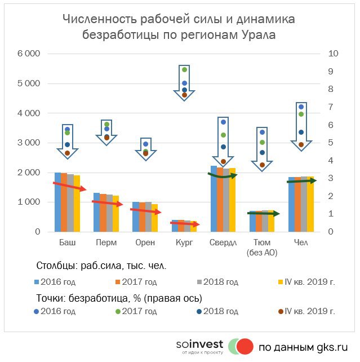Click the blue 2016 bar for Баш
click(x=57, y=203)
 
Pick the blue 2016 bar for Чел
click(x=291, y=206)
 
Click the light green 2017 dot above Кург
click(x=184, y=70)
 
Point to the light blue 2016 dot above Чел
click(x=301, y=107)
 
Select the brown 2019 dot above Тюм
click(x=262, y=165)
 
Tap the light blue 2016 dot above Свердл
click(x=223, y=122)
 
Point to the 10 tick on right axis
click(x=332, y=54)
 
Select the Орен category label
click(x=145, y=242)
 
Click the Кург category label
click(x=184, y=242)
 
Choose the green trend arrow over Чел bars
click(x=305, y=180)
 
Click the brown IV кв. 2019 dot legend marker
click(x=281, y=311)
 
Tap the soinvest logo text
click(x=199, y=344)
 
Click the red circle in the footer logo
click(x=245, y=346)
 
